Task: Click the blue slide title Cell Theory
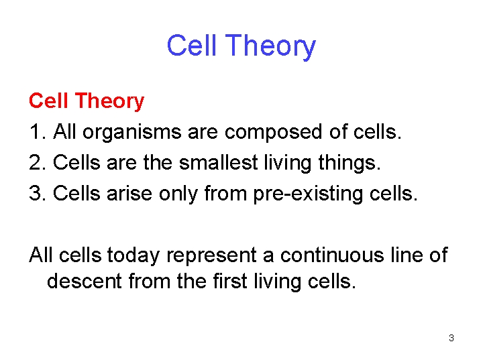pos(241,46)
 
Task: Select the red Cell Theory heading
pos(87,101)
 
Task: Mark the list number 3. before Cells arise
pos(37,194)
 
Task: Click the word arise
pos(135,194)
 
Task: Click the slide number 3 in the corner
pos(451,338)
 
